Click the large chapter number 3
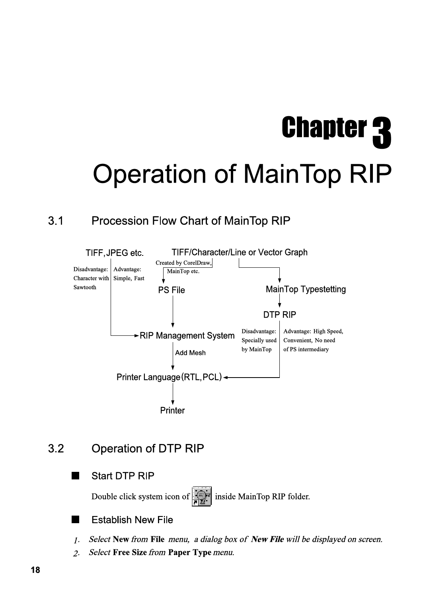(x=382, y=133)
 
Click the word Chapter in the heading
(x=324, y=127)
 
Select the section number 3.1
(x=56, y=221)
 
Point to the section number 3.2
(x=56, y=448)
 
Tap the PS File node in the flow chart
(x=172, y=290)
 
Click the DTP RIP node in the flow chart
(x=279, y=314)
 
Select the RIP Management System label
(x=187, y=336)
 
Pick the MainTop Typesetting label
(x=306, y=289)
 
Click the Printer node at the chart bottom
(x=172, y=410)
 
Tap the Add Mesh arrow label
(x=190, y=352)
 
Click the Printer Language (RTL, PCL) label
(x=169, y=377)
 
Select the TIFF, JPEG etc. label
(x=115, y=253)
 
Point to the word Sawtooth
(x=85, y=287)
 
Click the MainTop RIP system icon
(x=201, y=496)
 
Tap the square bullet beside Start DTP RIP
(x=75, y=476)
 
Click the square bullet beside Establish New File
(x=75, y=520)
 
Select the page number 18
(x=35, y=570)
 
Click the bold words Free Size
(x=130, y=552)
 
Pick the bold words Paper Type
(x=189, y=552)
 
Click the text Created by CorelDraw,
(x=183, y=263)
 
